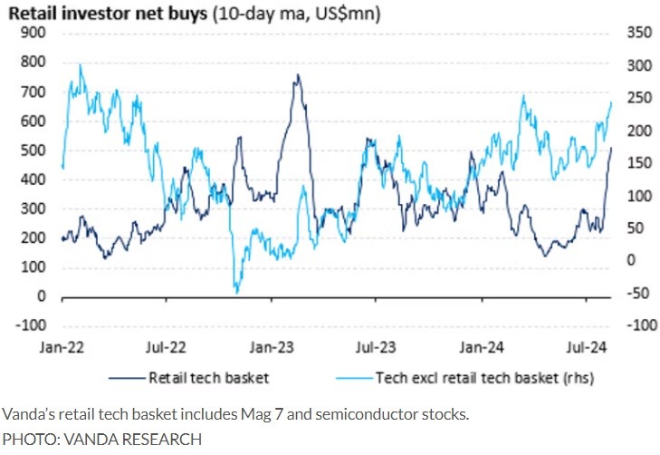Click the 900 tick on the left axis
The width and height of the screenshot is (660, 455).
tap(35, 33)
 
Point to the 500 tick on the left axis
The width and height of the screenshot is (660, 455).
tap(35, 150)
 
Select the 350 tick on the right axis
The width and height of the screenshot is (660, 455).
tap(637, 33)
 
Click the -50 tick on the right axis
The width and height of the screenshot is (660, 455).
tap(634, 293)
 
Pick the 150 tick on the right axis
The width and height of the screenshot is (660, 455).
tap(637, 163)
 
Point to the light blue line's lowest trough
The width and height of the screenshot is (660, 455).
tap(236, 292)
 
